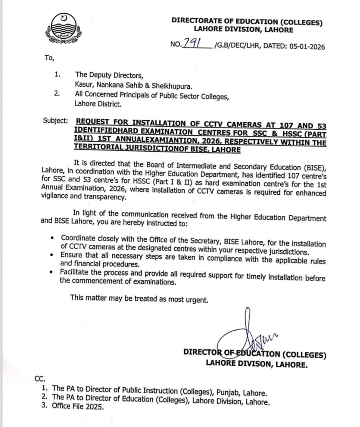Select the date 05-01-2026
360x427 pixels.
pyautogui.click(x=303, y=47)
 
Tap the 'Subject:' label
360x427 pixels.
pyautogui.click(x=55, y=121)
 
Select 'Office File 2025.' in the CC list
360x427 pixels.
pyautogui.click(x=78, y=407)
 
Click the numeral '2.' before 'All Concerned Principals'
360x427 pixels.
pyautogui.click(x=57, y=95)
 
